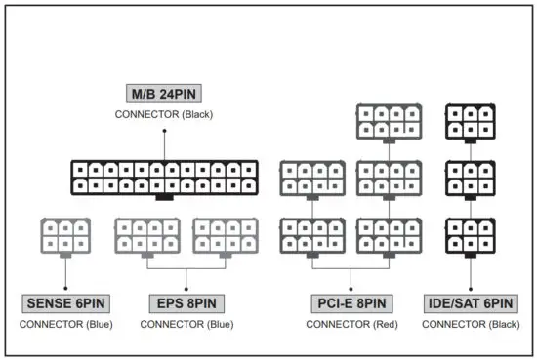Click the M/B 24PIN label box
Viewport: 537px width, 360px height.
(164, 95)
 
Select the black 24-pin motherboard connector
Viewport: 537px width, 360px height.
(164, 177)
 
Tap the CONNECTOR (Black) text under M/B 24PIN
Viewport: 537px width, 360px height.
(164, 115)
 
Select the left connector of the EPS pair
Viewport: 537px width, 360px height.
(146, 236)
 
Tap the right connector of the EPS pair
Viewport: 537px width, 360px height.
(226, 236)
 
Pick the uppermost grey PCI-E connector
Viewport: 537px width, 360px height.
(390, 122)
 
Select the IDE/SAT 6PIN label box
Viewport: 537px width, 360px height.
(467, 302)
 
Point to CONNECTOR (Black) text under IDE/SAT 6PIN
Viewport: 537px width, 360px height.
(467, 323)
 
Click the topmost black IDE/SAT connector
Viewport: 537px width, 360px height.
(468, 122)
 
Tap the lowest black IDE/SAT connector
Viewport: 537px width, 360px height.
(468, 236)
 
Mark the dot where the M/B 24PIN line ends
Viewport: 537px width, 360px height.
(164, 157)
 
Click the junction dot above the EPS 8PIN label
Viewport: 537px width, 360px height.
(186, 288)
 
